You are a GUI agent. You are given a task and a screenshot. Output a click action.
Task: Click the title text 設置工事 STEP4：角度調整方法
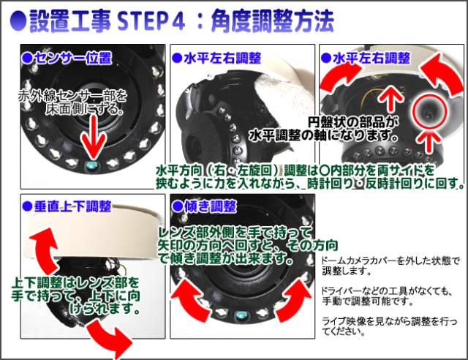click(x=181, y=20)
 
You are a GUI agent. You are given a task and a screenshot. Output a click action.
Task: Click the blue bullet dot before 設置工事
click(x=18, y=21)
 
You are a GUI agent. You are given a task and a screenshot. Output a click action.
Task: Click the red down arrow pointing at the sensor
click(x=94, y=137)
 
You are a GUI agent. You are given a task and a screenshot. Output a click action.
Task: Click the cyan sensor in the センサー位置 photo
click(x=91, y=165)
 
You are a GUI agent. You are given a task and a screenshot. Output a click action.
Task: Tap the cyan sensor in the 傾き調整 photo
click(x=241, y=315)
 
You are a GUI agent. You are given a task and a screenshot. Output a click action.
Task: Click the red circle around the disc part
click(x=429, y=111)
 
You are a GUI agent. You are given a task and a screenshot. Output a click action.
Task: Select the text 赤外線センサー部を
click(x=72, y=96)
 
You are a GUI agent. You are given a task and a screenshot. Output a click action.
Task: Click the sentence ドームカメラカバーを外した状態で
click(x=390, y=260)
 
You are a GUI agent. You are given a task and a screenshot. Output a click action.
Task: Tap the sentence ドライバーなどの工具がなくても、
click(x=387, y=290)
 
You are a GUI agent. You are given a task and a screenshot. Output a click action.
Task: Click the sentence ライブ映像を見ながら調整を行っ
click(x=390, y=321)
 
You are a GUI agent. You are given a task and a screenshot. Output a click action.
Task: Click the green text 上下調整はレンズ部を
click(x=75, y=282)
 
